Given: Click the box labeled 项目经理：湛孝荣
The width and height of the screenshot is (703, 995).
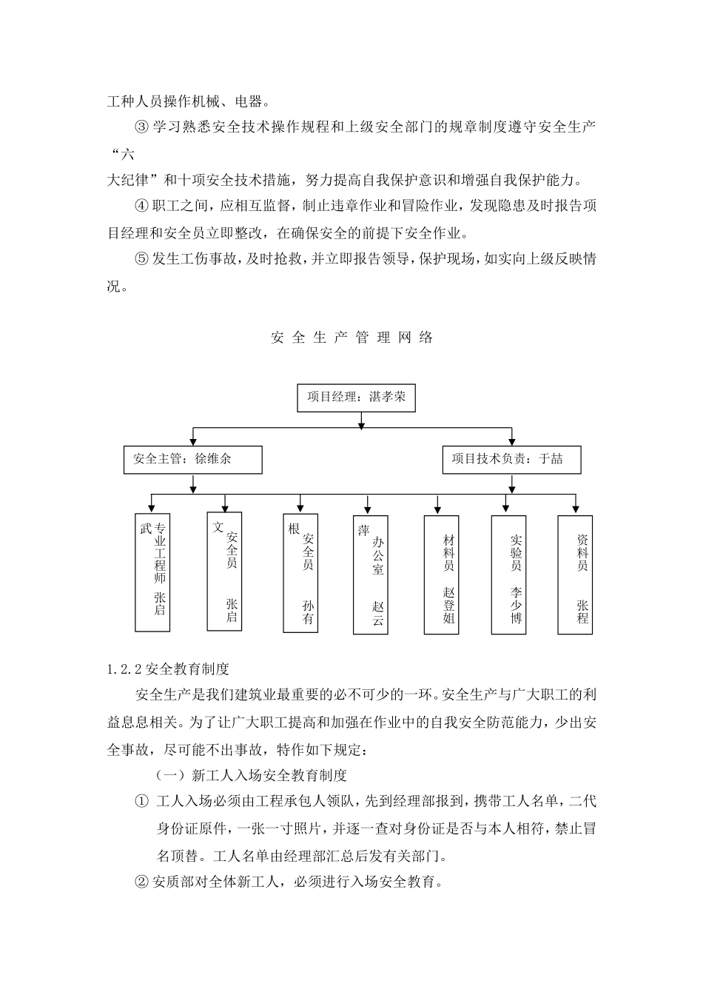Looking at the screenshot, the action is tap(355, 397).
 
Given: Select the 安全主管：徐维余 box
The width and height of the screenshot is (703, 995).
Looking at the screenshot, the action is tap(193, 460).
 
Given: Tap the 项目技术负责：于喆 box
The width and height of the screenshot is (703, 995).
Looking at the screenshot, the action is tap(511, 460).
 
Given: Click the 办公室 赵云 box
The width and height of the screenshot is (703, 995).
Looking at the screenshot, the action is tap(371, 574).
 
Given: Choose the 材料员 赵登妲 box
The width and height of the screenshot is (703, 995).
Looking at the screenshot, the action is tap(441, 574).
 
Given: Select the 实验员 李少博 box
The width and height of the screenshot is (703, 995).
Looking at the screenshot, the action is tap(508, 574).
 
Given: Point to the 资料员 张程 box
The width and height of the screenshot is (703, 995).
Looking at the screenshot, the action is tap(576, 574).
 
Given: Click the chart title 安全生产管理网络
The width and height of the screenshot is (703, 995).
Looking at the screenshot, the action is tap(352, 338).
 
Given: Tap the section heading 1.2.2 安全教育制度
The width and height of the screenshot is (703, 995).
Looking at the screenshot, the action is tap(169, 669).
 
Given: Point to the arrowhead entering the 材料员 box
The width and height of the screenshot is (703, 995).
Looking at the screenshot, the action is tap(438, 509).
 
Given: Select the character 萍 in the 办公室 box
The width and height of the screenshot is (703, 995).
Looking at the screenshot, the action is tap(363, 530).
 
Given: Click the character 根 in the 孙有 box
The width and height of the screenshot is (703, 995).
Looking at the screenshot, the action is tap(293, 529).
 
